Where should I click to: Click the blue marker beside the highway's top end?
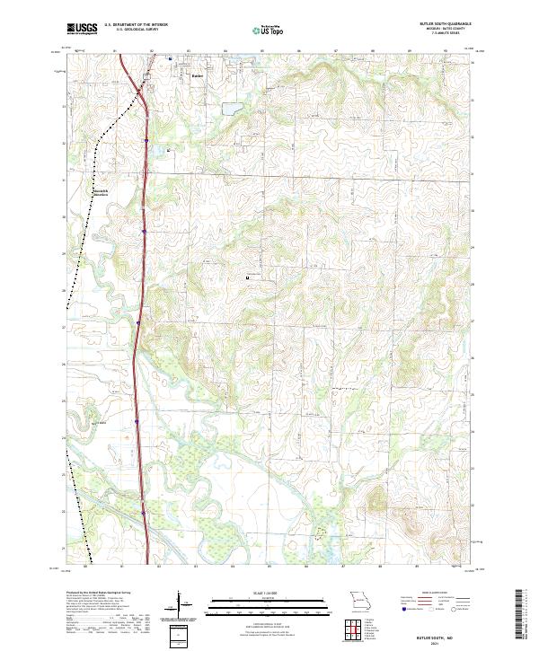tap(169, 61)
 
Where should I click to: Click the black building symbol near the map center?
tap(249, 279)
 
